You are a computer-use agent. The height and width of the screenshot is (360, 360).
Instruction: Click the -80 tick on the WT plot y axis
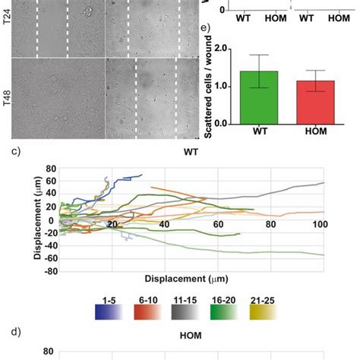(x=49, y=269)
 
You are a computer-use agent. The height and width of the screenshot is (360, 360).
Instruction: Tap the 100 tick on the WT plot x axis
(x=320, y=225)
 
